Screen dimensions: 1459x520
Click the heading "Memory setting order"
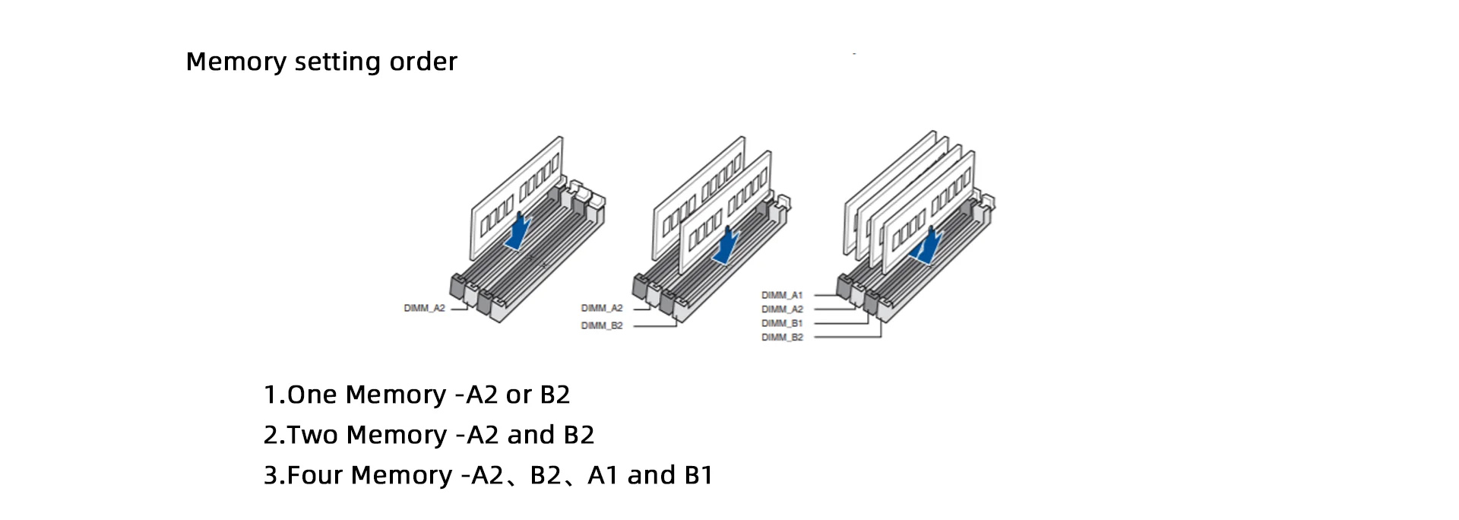[x=321, y=62]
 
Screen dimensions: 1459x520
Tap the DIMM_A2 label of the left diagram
[x=424, y=308]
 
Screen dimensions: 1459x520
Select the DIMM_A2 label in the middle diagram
[x=602, y=308]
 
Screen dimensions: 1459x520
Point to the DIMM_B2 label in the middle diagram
[x=602, y=325]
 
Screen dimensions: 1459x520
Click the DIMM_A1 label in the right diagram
[x=782, y=295]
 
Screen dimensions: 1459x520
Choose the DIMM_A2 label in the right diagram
[x=782, y=309]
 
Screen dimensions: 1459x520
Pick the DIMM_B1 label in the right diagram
[x=782, y=323]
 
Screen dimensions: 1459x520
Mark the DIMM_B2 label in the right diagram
[x=782, y=337]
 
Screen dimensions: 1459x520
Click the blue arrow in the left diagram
[x=518, y=231]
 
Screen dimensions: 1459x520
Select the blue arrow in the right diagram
[x=927, y=246]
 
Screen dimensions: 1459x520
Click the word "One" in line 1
[x=312, y=395]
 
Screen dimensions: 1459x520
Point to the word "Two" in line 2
[x=312, y=435]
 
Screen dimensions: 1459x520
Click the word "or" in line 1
[x=519, y=395]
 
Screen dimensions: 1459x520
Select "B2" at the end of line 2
[x=579, y=435]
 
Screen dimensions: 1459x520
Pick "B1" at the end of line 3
[x=698, y=475]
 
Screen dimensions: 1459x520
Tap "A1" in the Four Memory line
[x=603, y=475]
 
